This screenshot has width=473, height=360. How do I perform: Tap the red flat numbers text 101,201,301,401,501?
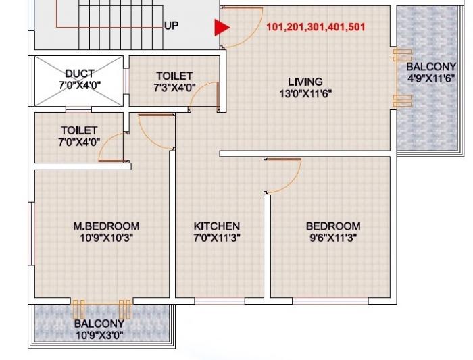coord(316,28)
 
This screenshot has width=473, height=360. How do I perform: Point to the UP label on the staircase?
coord(172,26)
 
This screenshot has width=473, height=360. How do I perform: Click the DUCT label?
coord(80,73)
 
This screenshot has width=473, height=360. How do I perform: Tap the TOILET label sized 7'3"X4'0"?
coord(174,76)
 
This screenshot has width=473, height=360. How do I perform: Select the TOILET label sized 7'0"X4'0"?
coord(79,130)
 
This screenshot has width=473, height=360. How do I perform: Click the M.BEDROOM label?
coord(106,226)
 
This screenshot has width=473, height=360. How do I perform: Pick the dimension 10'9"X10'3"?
coord(106,238)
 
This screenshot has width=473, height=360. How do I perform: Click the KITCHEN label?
coord(217,226)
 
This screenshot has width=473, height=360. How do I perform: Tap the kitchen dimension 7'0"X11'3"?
coord(217,238)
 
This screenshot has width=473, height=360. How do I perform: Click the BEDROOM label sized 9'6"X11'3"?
coord(333,226)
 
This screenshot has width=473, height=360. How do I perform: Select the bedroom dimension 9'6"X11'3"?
coord(333,238)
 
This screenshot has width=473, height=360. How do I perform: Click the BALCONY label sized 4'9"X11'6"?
coord(431,66)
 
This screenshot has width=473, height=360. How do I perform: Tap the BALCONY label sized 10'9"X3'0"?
coord(99,324)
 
